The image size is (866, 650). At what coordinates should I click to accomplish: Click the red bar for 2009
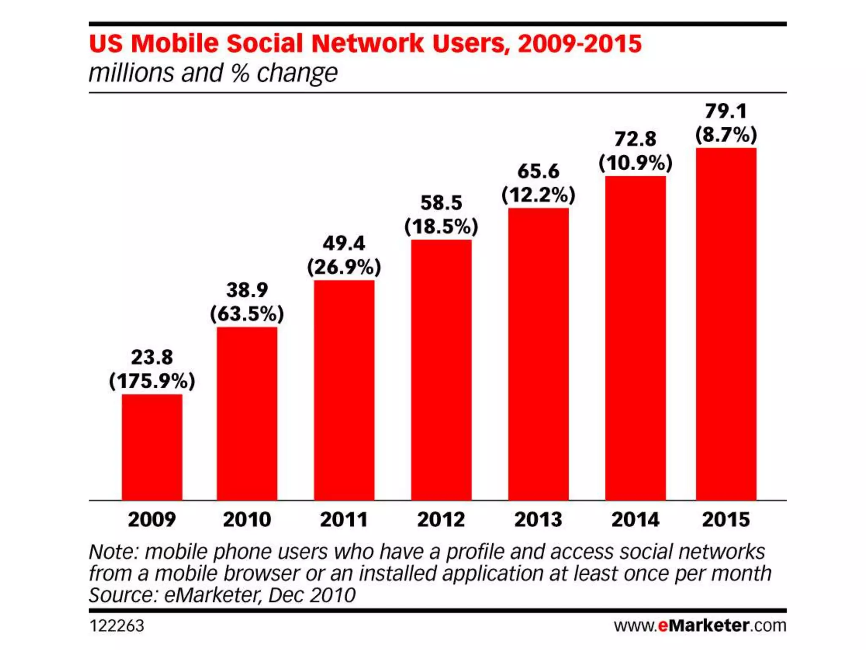152,447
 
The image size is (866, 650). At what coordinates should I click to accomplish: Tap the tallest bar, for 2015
726,324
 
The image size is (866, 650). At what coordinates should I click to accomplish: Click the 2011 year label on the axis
344,520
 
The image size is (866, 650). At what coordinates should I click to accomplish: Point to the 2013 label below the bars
538,520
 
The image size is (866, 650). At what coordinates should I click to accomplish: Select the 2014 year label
635,520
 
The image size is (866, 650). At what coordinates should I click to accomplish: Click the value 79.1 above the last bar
726,111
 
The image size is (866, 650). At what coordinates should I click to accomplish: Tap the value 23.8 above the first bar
152,357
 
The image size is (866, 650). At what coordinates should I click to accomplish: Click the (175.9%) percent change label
152,381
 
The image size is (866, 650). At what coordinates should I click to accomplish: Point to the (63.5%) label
247,314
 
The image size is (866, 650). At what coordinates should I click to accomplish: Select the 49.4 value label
344,243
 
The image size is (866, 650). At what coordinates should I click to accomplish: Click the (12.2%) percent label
538,195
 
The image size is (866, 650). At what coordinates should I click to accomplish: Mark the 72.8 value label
635,139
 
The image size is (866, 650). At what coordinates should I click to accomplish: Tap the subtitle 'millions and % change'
213,73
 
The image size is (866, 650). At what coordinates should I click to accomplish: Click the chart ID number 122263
117,626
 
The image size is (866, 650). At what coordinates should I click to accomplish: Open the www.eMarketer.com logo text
700,625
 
